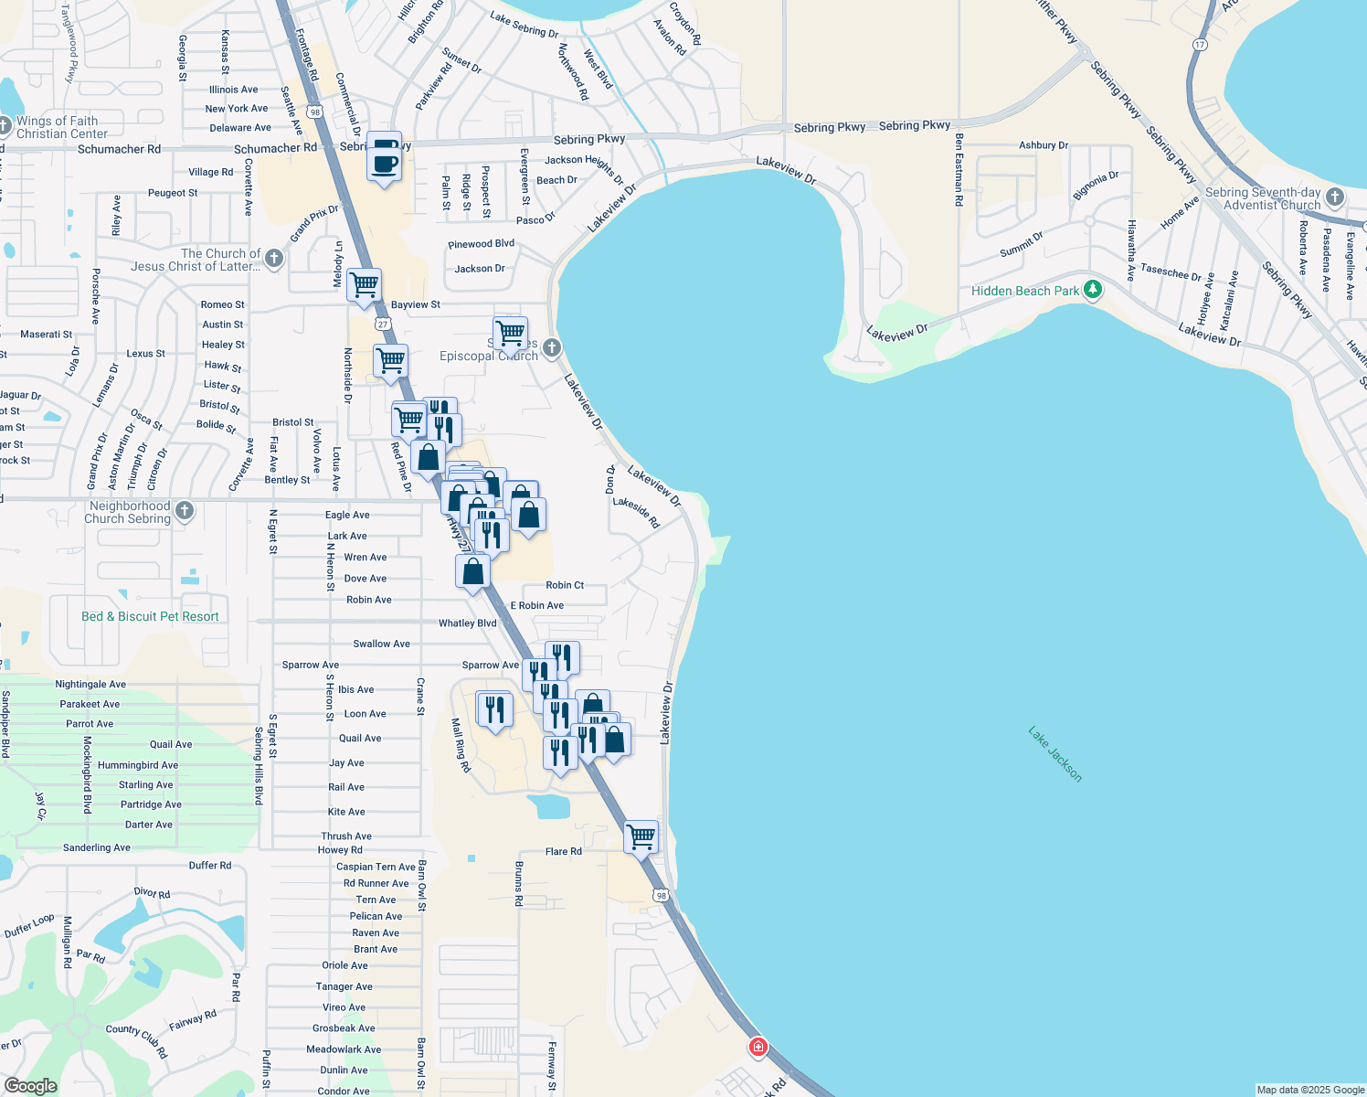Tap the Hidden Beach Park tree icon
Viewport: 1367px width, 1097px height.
(x=1092, y=291)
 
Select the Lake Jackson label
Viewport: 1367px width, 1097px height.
(x=1054, y=754)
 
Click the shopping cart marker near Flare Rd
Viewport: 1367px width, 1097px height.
(x=641, y=836)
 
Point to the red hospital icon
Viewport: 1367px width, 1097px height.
(x=758, y=1047)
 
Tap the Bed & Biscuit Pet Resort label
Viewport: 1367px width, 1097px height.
(x=150, y=617)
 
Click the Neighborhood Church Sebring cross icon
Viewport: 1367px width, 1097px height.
(x=185, y=511)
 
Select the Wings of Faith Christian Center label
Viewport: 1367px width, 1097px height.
(x=62, y=127)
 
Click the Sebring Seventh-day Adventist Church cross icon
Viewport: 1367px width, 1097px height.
(x=1335, y=197)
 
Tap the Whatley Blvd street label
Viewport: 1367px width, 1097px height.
(x=467, y=623)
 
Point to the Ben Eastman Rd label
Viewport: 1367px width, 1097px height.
(x=959, y=170)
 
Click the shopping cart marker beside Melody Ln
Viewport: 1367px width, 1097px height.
(x=364, y=285)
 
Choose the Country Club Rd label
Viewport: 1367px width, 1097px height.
(x=137, y=1040)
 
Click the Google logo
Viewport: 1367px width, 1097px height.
(x=30, y=1085)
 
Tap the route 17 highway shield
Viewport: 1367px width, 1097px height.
(x=1200, y=45)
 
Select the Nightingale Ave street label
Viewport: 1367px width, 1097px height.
(x=90, y=684)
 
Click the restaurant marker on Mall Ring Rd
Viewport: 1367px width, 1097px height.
(x=494, y=709)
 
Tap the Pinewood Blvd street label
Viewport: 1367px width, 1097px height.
(x=481, y=244)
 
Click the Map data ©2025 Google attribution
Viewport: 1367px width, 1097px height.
(x=1310, y=1090)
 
